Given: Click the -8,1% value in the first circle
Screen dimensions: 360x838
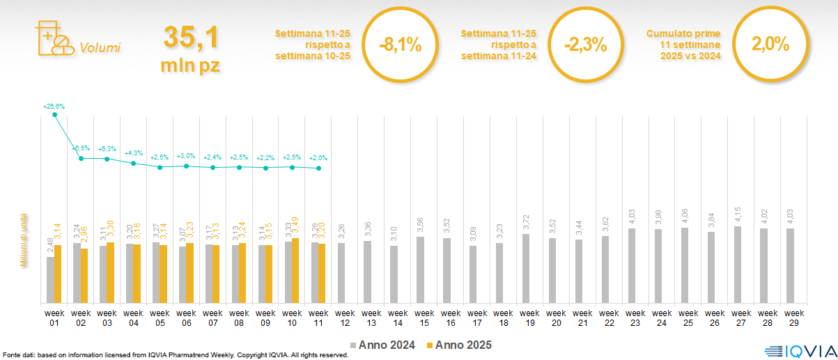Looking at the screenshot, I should pyautogui.click(x=401, y=45).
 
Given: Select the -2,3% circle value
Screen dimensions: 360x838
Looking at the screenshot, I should pyautogui.click(x=586, y=45).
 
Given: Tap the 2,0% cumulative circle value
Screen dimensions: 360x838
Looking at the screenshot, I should pyautogui.click(x=770, y=45).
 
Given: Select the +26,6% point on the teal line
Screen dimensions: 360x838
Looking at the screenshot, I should pyautogui.click(x=55, y=114).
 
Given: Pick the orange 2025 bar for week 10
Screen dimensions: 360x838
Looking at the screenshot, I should pyautogui.click(x=296, y=271).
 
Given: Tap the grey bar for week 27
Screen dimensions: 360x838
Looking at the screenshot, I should pyautogui.click(x=738, y=265).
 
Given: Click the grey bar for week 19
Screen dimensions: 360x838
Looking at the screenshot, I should pyautogui.click(x=526, y=269).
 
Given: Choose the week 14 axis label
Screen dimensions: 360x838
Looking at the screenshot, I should pyautogui.click(x=398, y=318).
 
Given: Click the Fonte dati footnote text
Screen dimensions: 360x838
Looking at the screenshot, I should pyautogui.click(x=174, y=355).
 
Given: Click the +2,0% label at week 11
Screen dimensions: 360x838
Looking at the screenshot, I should pyautogui.click(x=318, y=158).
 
